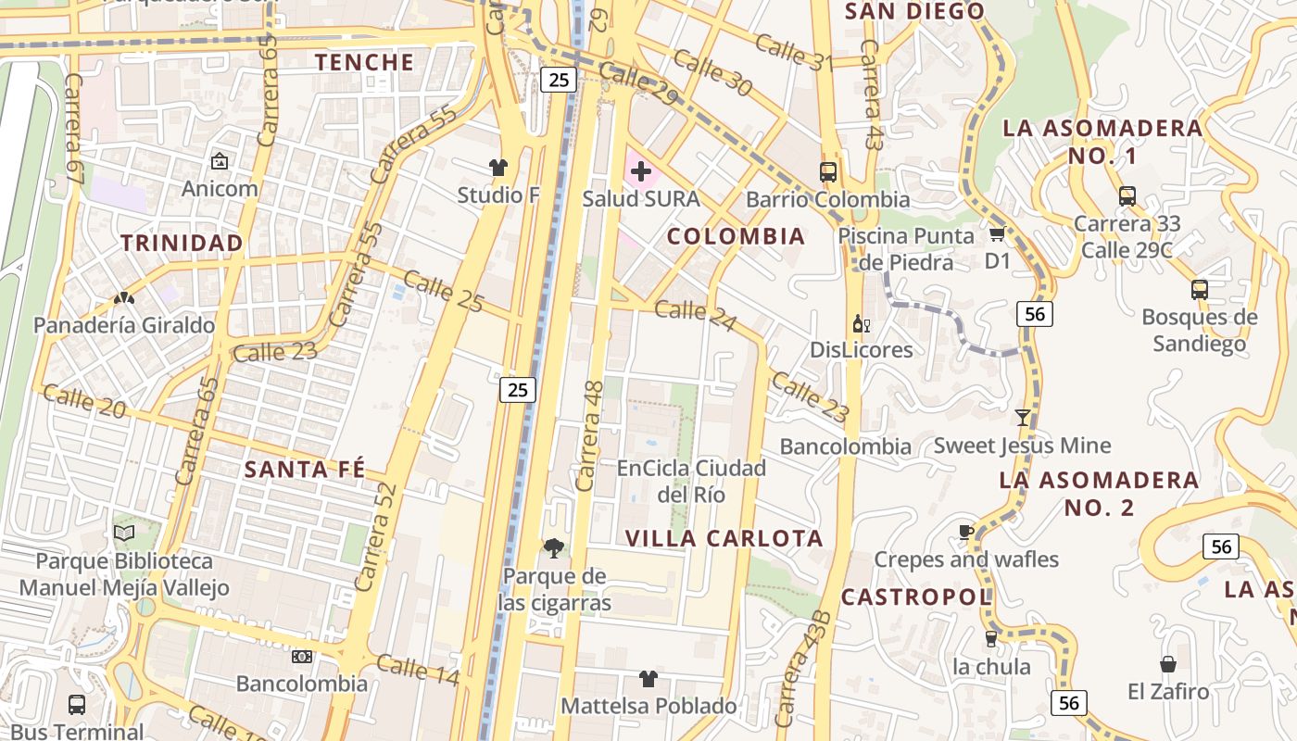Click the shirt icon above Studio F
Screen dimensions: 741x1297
coord(498,168)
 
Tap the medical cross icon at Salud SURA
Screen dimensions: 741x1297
coord(640,171)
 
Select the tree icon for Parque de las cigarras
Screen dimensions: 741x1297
coord(553,548)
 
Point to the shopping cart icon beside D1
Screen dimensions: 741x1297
coord(997,233)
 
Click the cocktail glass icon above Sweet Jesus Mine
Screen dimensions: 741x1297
coord(1022,418)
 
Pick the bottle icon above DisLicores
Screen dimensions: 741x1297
coord(861,324)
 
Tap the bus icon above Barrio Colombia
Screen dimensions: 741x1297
coord(827,172)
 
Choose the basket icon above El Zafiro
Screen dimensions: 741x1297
coord(1167,664)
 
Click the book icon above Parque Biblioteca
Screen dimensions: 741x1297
coord(124,533)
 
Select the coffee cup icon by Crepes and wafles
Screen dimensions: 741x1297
coord(965,532)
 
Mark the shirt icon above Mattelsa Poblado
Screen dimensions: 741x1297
coord(648,679)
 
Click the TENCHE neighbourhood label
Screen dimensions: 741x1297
coord(364,62)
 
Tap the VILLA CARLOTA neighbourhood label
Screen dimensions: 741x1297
coord(724,538)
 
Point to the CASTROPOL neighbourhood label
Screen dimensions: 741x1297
coord(916,597)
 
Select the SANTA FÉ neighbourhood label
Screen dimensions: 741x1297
coord(305,469)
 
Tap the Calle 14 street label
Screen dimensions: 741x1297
coord(418,669)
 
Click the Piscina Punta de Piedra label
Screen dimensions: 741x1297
coord(906,249)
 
